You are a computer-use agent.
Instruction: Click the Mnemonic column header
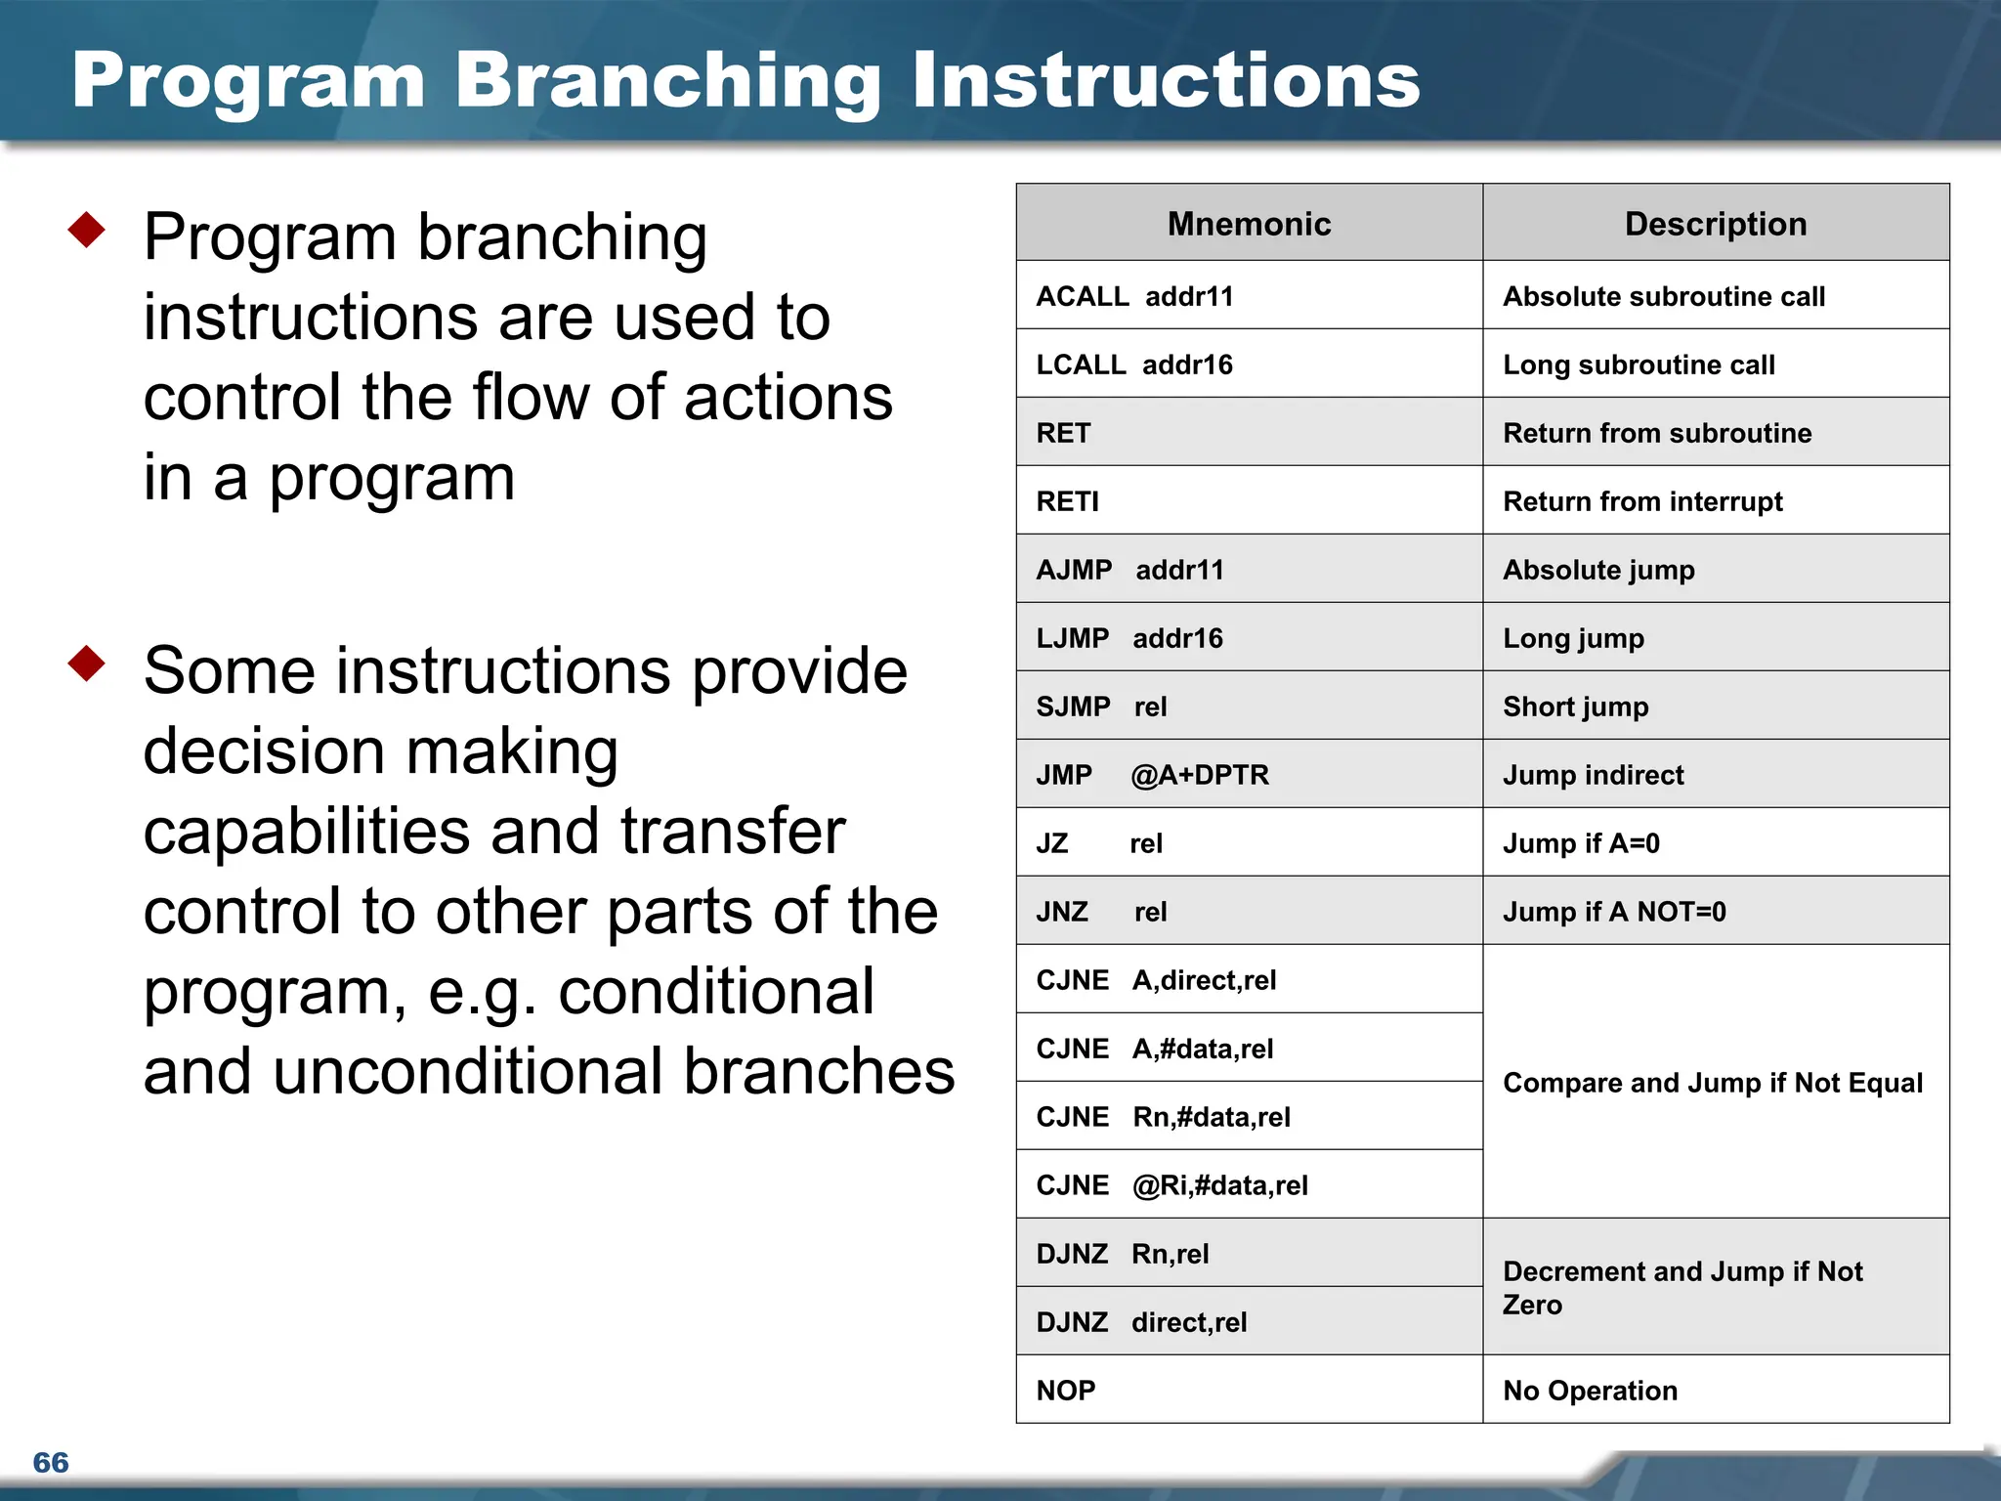1249,224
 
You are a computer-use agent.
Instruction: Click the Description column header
1715,224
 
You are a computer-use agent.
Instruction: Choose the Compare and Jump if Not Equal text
1712,1083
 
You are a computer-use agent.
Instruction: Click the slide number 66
51,1462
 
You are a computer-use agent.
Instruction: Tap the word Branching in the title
668,81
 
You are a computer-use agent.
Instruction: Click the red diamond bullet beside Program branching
87,230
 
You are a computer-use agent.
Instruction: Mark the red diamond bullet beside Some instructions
87,663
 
